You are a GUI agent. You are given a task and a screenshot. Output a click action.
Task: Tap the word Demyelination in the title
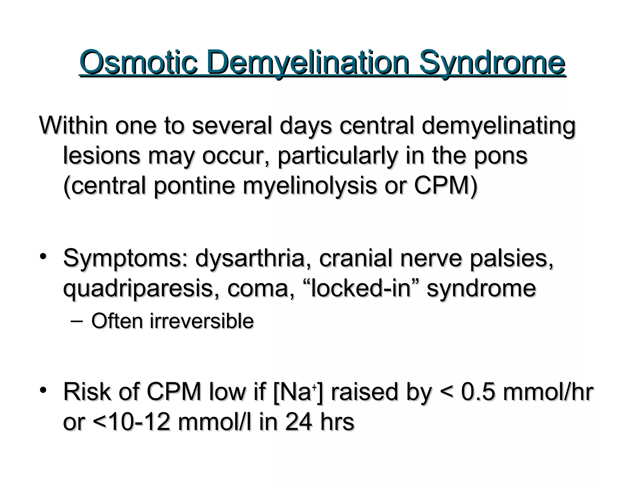308,63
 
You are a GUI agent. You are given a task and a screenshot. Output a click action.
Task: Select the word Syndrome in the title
492,63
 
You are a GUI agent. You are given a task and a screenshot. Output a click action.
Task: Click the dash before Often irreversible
77,321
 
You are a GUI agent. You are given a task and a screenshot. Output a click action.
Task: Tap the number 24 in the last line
298,422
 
